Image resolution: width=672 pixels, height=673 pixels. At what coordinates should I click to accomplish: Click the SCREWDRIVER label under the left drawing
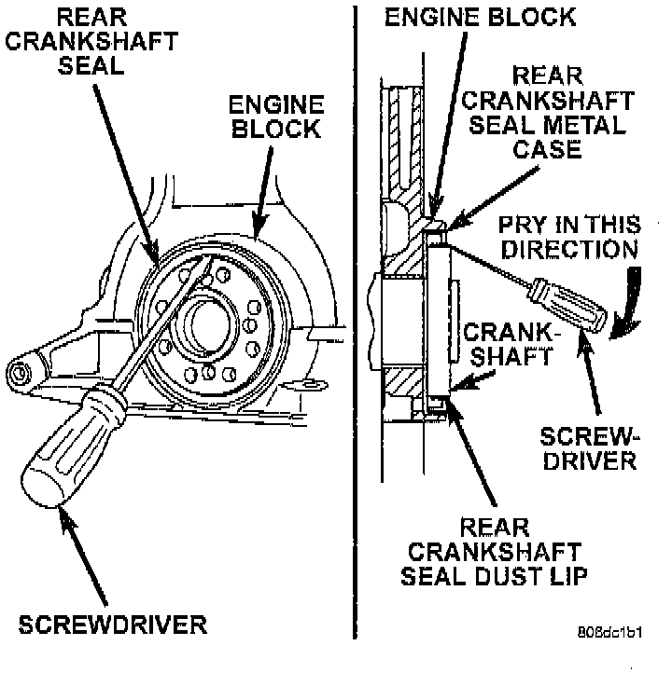click(113, 625)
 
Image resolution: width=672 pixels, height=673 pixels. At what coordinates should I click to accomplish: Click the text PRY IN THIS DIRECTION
click(569, 237)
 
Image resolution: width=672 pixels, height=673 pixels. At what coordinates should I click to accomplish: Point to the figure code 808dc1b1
click(609, 632)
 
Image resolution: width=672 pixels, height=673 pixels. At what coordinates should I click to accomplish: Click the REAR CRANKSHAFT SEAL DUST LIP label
click(494, 552)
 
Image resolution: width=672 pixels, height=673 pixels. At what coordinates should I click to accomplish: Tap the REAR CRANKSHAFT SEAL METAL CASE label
click(547, 113)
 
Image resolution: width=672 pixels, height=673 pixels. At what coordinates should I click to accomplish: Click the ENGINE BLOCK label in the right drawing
click(480, 17)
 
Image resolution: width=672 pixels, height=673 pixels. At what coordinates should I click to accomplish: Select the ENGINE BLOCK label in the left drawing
click(276, 117)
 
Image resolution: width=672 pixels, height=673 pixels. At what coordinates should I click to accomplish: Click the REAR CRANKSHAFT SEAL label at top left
click(91, 42)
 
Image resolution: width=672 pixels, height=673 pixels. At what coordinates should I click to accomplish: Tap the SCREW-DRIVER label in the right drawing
click(590, 448)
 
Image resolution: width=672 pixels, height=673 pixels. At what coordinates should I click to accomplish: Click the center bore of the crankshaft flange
click(209, 325)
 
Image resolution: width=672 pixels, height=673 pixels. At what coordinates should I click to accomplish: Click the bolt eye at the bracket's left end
click(20, 373)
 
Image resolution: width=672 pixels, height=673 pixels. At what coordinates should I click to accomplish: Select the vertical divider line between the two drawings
click(355, 322)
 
